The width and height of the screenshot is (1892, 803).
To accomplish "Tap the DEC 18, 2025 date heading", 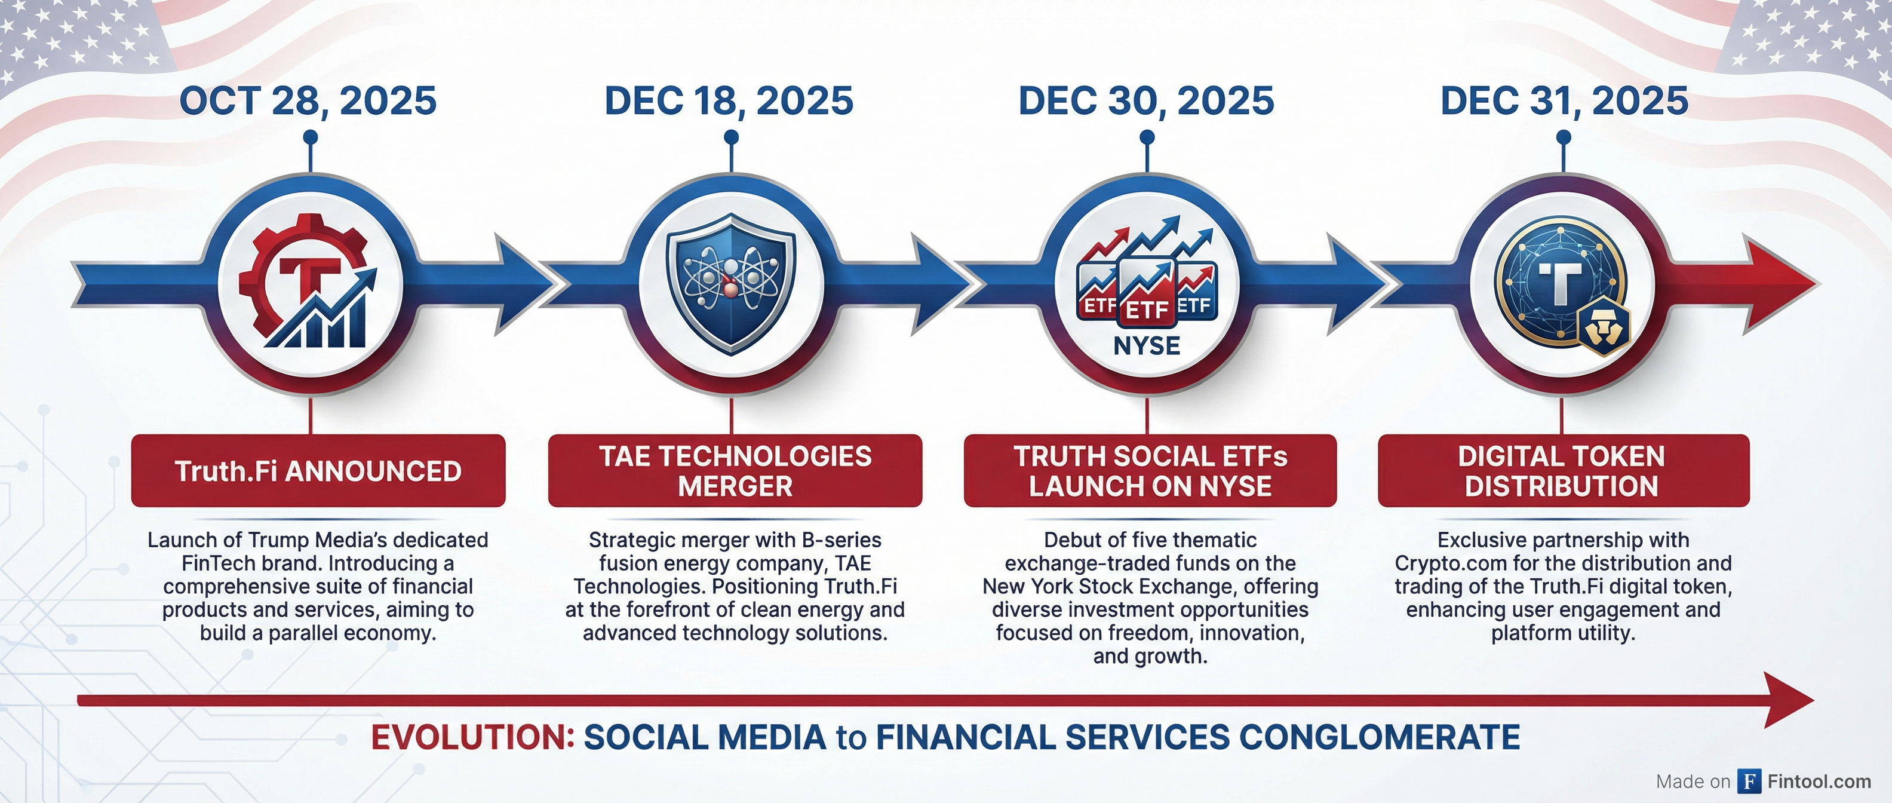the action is coord(729,102).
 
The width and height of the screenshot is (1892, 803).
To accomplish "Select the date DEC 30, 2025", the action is coord(1146,102).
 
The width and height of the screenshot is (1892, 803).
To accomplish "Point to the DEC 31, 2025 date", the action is coord(1565,102).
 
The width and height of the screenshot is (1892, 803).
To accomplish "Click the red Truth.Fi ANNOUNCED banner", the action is coord(318,471).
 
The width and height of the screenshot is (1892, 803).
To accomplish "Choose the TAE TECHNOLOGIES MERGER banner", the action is coord(735,471).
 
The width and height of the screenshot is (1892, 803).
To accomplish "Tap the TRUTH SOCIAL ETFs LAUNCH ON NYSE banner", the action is coord(1150,471).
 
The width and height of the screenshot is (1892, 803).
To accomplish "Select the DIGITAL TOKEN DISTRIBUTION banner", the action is coord(1564,471).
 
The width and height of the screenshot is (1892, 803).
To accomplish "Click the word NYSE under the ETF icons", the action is coord(1147,345).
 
